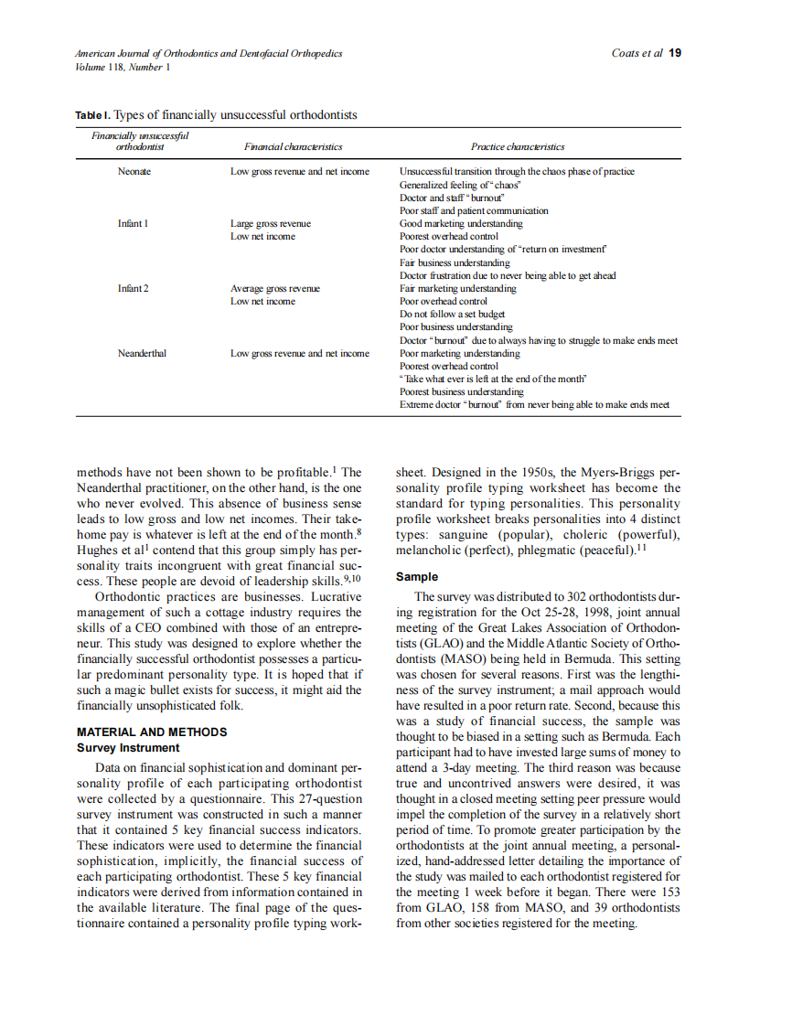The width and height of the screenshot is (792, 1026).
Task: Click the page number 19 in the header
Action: pos(675,53)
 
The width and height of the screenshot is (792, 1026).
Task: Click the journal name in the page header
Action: pos(209,53)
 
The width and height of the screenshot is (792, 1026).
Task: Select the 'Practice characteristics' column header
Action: pos(518,146)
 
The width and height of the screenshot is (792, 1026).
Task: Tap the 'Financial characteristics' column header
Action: pos(293,146)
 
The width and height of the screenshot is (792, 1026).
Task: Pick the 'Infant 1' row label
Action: pos(134,223)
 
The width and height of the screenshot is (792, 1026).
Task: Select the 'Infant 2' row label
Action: pos(134,288)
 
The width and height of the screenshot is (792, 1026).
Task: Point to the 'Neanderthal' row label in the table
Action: pos(141,353)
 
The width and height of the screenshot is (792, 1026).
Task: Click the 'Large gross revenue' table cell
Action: pos(270,223)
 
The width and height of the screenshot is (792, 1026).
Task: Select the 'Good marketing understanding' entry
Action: pos(461,223)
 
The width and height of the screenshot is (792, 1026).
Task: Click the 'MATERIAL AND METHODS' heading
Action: pos(152,732)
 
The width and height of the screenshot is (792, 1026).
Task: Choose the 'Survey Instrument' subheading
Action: pos(128,748)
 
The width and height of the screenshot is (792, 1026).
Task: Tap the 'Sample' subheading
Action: pos(416,577)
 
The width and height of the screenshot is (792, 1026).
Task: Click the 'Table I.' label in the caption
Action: pos(92,115)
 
